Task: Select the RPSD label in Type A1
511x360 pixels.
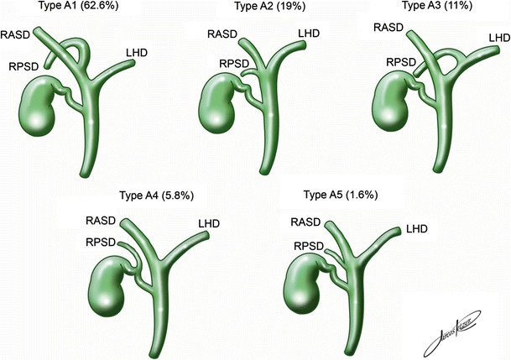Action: click(21, 63)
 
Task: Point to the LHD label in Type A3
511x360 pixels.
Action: click(498, 38)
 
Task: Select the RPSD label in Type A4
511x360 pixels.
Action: click(101, 243)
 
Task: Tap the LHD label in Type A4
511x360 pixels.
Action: click(209, 223)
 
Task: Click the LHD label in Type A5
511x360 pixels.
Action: click(416, 228)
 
